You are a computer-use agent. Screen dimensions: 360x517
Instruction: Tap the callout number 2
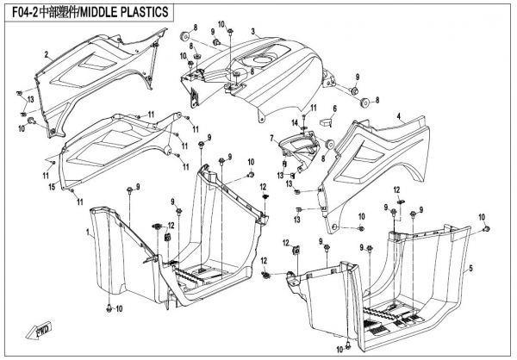pos(47,54)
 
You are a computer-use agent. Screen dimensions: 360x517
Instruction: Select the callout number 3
pos(252,31)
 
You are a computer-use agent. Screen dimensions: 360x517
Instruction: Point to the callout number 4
pos(398,115)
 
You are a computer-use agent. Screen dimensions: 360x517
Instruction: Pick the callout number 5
pos(471,269)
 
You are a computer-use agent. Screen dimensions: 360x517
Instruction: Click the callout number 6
pos(333,109)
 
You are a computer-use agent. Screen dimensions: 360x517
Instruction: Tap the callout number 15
pos(51,187)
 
